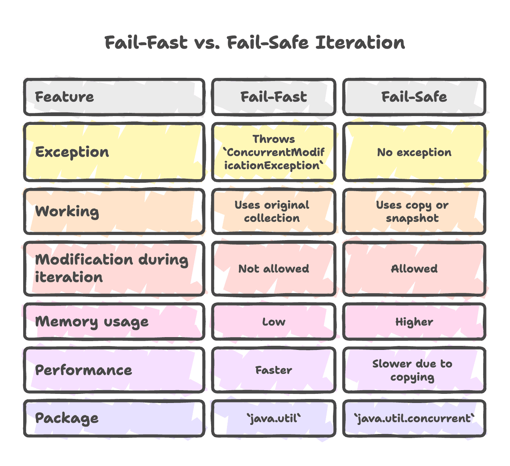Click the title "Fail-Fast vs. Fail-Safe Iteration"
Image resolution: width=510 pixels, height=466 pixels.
(x=255, y=43)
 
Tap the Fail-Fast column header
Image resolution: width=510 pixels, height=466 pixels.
(x=273, y=97)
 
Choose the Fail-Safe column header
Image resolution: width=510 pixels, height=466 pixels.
(x=414, y=97)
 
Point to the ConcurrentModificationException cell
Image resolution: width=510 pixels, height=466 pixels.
(x=273, y=152)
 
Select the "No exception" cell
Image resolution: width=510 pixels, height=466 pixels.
(x=414, y=152)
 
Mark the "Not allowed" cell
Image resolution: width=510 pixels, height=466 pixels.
(x=273, y=269)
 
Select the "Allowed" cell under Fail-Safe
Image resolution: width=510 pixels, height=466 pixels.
(x=414, y=269)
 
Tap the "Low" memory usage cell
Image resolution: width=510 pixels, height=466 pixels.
(x=273, y=322)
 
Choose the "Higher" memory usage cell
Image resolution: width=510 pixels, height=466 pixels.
(x=414, y=322)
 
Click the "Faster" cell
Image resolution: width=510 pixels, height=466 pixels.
(x=273, y=370)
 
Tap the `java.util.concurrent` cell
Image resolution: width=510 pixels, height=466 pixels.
(x=414, y=418)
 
